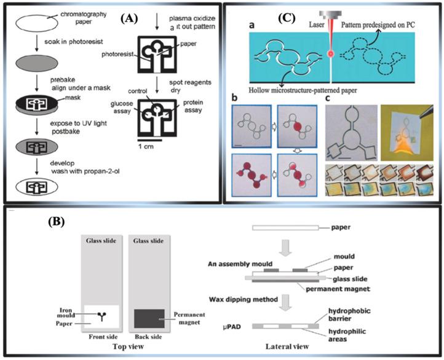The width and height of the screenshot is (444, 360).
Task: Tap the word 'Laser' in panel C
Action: tap(307, 23)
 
